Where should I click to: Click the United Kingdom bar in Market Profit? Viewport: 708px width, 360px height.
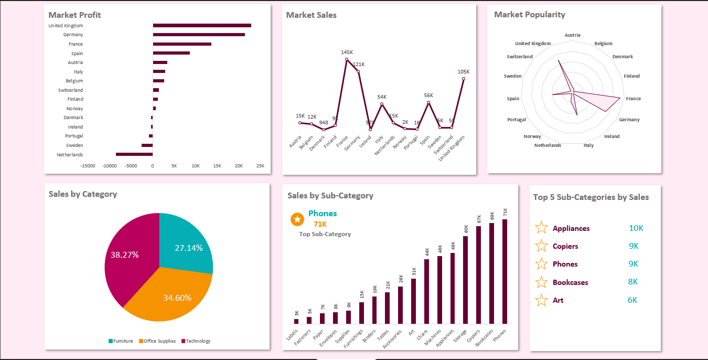202,25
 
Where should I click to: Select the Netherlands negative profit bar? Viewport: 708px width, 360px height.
134,154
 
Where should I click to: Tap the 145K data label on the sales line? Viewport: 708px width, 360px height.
347,52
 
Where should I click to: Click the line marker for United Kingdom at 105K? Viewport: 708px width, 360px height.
464,79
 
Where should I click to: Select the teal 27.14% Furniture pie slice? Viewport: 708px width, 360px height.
186,241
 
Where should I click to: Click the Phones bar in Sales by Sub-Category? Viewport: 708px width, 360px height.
505,271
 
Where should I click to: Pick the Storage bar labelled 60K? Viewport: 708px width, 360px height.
466,280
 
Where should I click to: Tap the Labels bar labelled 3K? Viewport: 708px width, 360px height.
296,321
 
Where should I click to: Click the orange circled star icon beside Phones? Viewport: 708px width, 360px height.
297,219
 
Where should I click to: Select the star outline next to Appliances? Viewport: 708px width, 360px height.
541,228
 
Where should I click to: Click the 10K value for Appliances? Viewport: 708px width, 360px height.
636,228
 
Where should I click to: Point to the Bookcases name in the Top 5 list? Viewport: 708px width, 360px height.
570,282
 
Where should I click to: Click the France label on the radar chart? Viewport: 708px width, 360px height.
633,99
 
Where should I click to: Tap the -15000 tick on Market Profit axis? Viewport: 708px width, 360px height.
88,166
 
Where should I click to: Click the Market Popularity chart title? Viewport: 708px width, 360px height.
530,15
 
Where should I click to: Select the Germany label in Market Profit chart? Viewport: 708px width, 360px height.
73,35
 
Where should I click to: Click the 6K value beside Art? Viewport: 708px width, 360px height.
632,300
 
